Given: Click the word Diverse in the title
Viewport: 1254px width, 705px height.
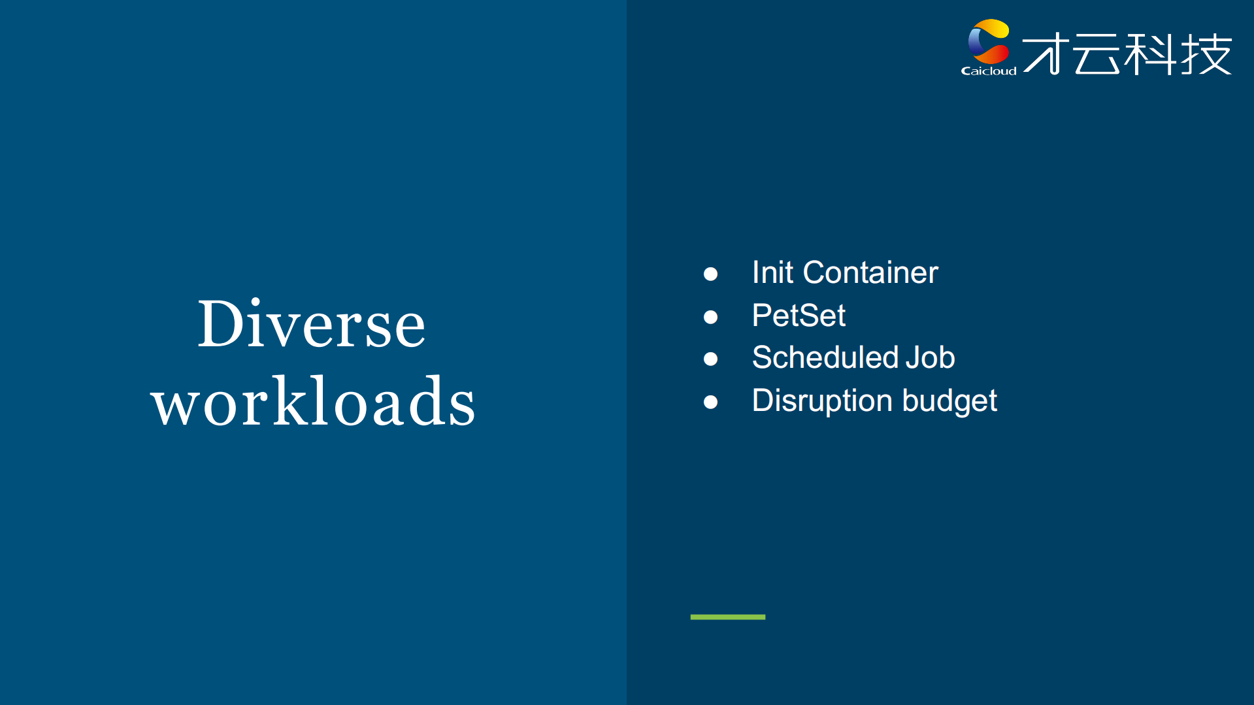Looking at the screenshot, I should tap(311, 324).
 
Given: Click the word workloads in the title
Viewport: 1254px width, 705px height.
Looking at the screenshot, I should tap(313, 402).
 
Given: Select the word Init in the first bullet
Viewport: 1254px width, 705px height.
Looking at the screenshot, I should tap(772, 272).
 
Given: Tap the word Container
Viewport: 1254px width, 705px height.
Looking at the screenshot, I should tap(870, 272).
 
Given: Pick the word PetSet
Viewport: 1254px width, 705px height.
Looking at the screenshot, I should tap(799, 316).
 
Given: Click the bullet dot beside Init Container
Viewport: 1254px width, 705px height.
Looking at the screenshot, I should tap(710, 274).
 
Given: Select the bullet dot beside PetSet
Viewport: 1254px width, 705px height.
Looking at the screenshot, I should tap(710, 317).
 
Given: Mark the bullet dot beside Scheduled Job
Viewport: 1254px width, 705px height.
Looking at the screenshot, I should tap(710, 359).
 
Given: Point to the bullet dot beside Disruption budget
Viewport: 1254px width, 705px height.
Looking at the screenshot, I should tap(710, 402).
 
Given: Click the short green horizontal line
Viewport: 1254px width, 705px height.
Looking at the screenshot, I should tap(727, 617).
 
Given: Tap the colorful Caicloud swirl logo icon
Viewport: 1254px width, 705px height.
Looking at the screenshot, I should tap(989, 41).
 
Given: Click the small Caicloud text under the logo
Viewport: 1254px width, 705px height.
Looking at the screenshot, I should tap(988, 71).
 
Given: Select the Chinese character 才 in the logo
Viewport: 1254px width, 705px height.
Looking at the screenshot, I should tap(1046, 54).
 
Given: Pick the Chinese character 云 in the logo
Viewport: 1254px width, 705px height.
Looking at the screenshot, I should tap(1098, 54).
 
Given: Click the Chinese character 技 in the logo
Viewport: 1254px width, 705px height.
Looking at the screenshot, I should tap(1206, 54).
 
